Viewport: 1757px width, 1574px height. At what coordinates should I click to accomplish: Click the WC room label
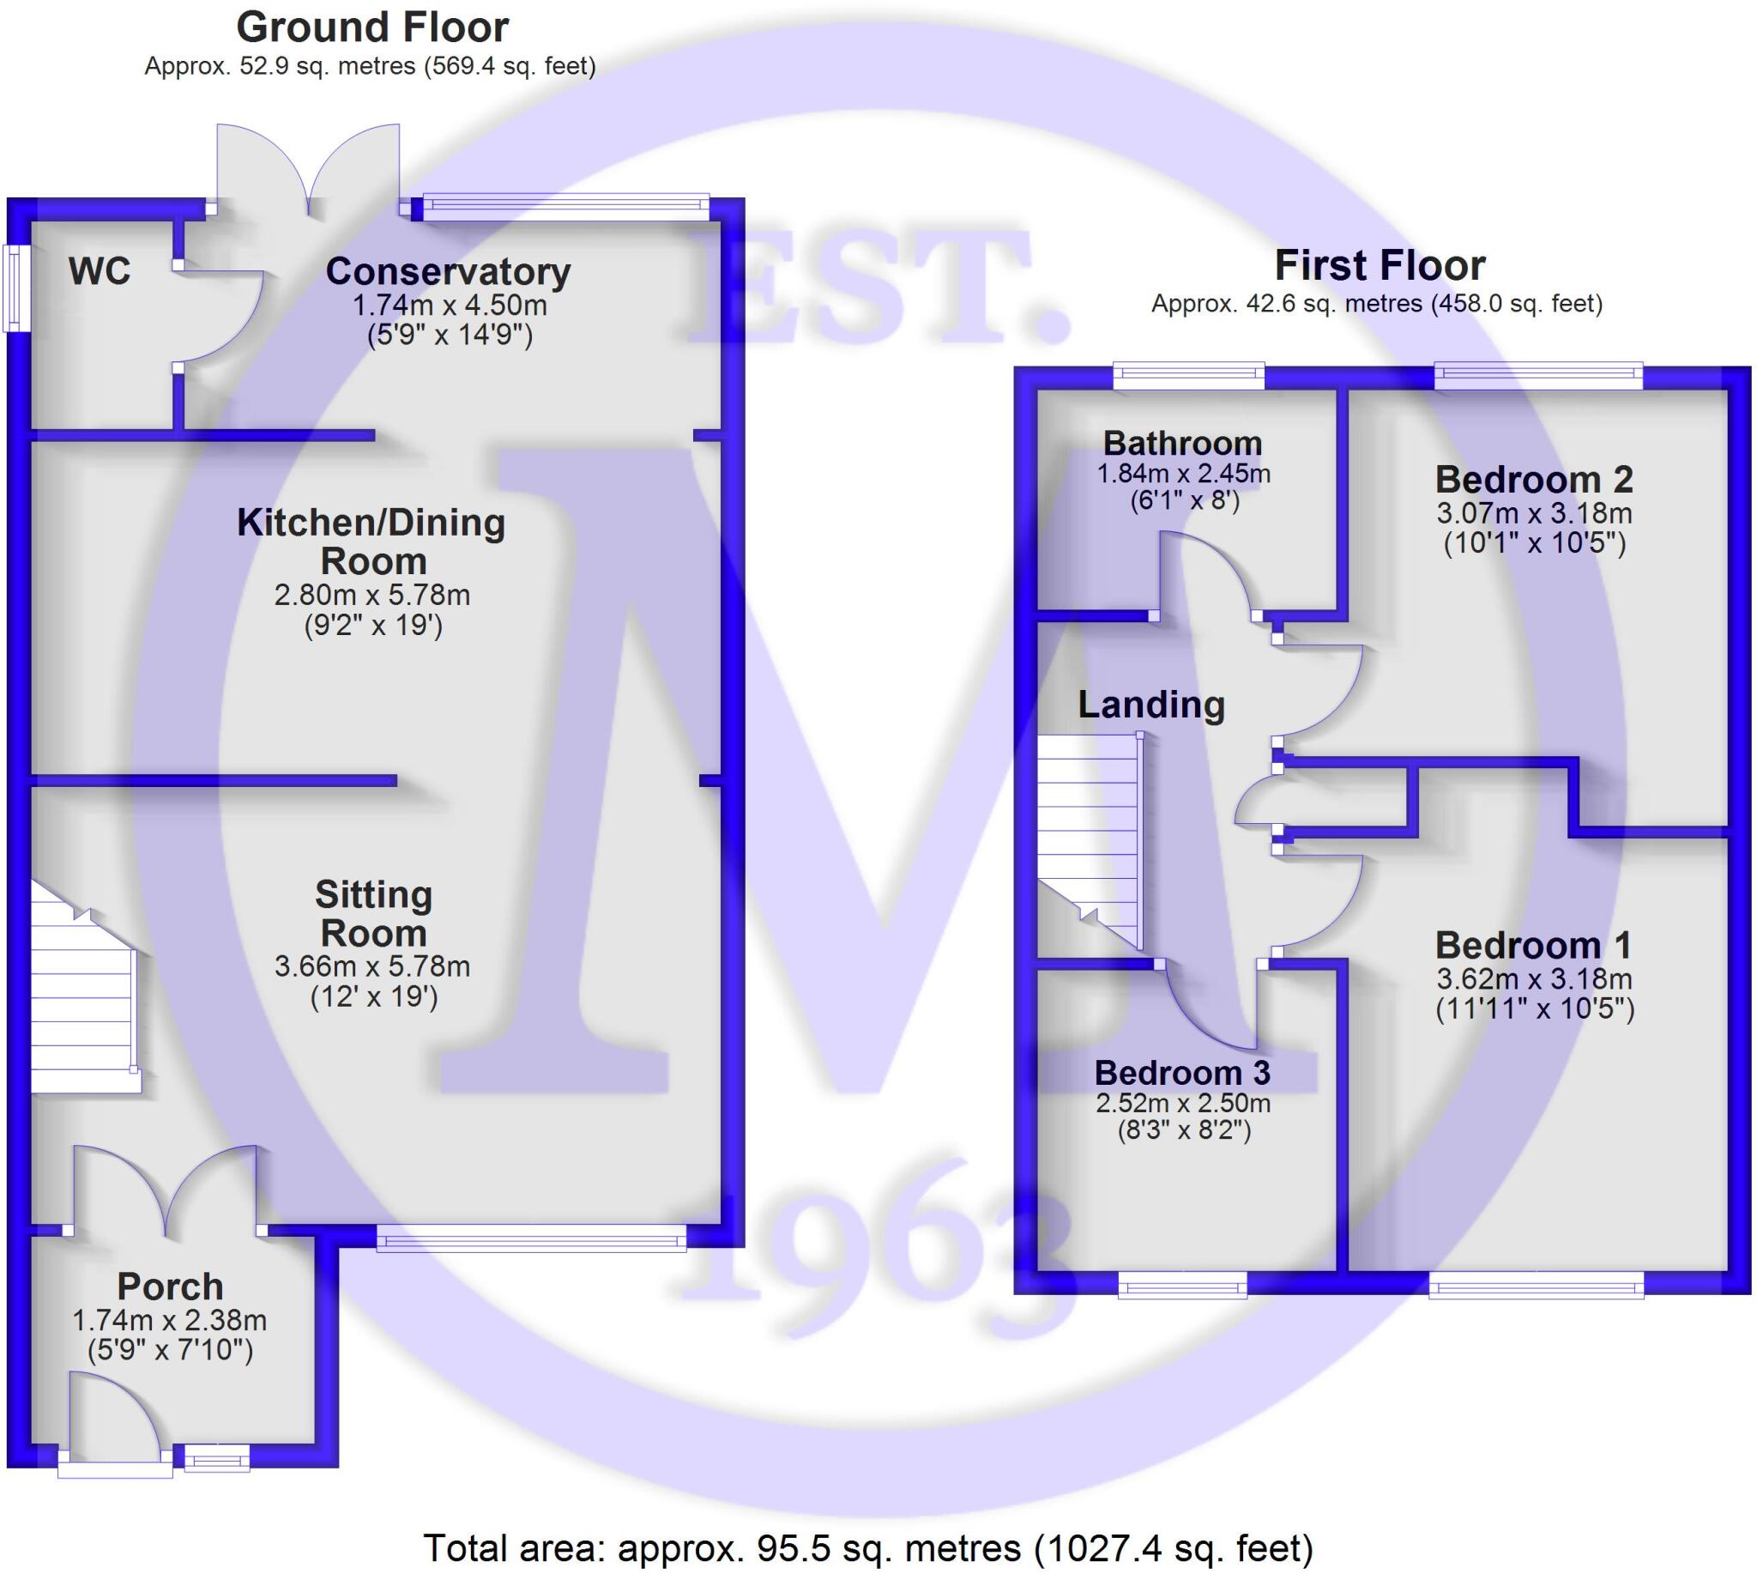(100, 271)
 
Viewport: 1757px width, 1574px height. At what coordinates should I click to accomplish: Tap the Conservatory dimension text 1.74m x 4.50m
(449, 306)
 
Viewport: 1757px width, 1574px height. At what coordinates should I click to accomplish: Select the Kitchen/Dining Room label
(371, 542)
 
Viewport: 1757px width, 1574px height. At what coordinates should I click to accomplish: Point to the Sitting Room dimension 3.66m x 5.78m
(371, 966)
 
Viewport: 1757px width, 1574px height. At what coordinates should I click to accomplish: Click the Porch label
(171, 1286)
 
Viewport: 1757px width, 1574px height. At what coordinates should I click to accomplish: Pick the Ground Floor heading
(371, 27)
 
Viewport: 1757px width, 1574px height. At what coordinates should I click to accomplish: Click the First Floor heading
(1380, 265)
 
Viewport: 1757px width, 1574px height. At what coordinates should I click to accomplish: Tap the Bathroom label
(1182, 443)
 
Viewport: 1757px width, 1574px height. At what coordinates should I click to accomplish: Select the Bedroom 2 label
(1533, 479)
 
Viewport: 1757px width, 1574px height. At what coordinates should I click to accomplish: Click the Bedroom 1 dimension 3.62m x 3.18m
(1533, 979)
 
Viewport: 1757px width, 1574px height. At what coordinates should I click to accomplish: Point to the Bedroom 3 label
(1181, 1073)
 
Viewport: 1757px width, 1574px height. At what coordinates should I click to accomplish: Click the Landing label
(1150, 705)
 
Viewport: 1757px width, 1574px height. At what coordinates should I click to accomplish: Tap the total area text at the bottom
(867, 1547)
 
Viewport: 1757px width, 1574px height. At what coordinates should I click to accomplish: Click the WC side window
(15, 288)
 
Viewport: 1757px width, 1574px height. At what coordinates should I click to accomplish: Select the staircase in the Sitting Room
(82, 1003)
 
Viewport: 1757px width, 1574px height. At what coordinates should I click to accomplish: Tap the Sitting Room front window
(531, 1240)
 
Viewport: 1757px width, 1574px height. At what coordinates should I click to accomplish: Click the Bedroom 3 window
(1182, 1286)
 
